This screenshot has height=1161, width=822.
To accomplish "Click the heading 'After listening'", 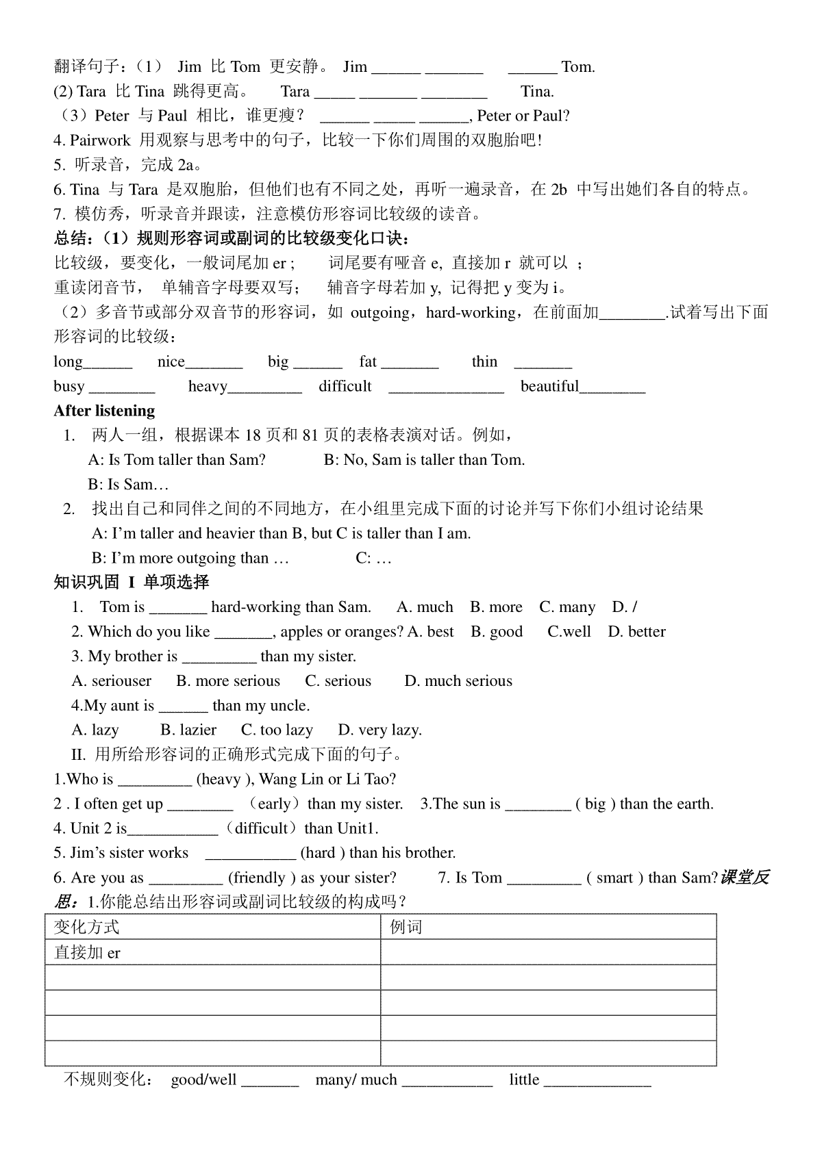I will pyautogui.click(x=104, y=411).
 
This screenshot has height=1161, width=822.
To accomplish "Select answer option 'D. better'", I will pyautogui.click(x=636, y=631).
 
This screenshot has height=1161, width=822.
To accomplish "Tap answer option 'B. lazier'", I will pyautogui.click(x=188, y=730).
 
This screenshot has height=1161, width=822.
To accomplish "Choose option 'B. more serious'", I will pyautogui.click(x=228, y=680).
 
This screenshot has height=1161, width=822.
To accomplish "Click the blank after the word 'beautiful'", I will pyautogui.click(x=612, y=387).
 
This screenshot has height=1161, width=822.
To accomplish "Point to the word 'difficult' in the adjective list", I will pyautogui.click(x=345, y=386).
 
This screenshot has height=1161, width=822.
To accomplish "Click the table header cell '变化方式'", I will pyautogui.click(x=87, y=927).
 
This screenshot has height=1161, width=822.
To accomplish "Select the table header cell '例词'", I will pyautogui.click(x=406, y=927).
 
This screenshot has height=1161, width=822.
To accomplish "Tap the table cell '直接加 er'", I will pyautogui.click(x=88, y=952).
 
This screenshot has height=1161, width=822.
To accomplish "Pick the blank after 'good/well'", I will pyautogui.click(x=270, y=1081).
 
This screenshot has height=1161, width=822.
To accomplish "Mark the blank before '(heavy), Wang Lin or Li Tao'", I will pyautogui.click(x=155, y=780).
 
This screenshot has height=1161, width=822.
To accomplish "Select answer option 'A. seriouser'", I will pyautogui.click(x=112, y=680).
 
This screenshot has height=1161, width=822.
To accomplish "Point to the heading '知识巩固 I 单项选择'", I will pyautogui.click(x=132, y=582).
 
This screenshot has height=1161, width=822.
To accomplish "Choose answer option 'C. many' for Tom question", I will pyautogui.click(x=567, y=607).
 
